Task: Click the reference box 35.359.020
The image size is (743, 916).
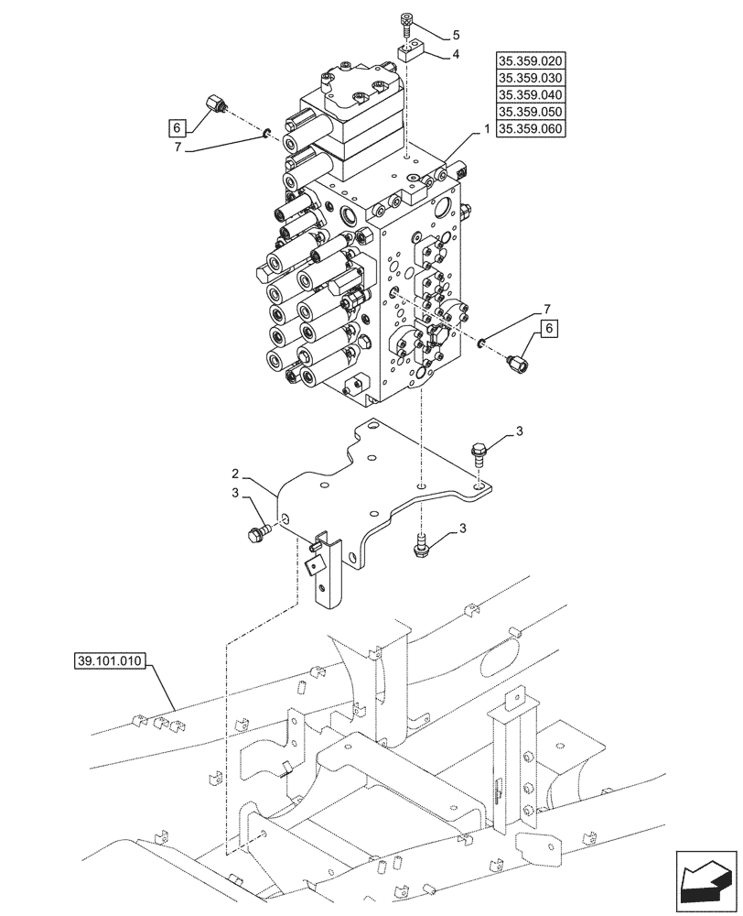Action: (530, 61)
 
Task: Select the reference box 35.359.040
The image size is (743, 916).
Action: (530, 95)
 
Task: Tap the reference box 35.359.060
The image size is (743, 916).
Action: (530, 129)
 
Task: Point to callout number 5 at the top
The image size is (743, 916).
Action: (455, 37)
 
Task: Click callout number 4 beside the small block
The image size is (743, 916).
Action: (455, 55)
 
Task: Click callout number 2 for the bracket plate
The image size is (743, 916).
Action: (235, 474)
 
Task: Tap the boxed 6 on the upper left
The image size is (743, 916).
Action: (178, 127)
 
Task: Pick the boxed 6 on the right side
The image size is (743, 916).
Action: (549, 327)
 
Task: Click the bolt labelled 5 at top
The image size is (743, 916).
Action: (407, 23)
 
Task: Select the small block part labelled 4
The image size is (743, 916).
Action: (409, 52)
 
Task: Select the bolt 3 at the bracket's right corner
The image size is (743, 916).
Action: (479, 451)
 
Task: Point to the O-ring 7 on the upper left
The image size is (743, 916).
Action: (265, 135)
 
